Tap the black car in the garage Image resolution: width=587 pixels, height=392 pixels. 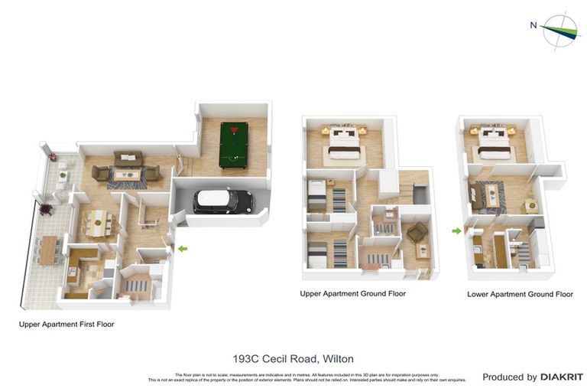click(223, 201)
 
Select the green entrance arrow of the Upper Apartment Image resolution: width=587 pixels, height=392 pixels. click(182, 248)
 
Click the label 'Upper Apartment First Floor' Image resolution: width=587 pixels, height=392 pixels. click(66, 325)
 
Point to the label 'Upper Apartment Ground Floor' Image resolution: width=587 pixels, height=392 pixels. click(352, 293)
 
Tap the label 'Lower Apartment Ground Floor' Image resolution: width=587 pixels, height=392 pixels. click(520, 294)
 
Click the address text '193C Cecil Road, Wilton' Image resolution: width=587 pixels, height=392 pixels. click(293, 358)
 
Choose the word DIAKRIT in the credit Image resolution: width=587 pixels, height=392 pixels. click(562, 377)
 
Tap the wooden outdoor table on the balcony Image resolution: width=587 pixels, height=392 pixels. click(49, 249)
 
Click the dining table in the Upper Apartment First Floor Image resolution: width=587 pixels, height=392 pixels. click(99, 224)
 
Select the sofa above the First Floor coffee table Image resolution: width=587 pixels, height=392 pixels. click(128, 158)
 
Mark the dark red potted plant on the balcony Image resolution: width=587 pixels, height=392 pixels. click(45, 208)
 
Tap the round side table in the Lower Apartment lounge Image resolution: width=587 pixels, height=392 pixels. click(530, 204)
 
